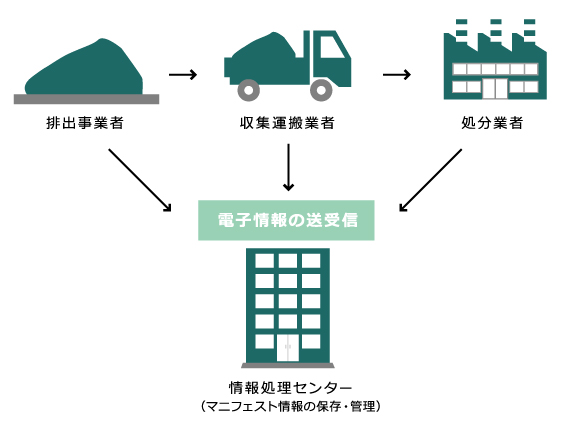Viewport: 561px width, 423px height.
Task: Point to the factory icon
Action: [x=495, y=62]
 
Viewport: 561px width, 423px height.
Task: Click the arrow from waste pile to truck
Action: [x=183, y=74]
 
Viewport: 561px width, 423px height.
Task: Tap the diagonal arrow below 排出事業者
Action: [x=139, y=181]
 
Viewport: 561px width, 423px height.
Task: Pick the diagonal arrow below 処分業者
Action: [x=430, y=181]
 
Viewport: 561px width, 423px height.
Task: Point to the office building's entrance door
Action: [x=288, y=349]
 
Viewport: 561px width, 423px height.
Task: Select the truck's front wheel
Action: [x=320, y=93]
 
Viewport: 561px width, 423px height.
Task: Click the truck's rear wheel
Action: [x=245, y=93]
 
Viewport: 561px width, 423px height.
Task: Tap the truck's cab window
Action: [x=327, y=48]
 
